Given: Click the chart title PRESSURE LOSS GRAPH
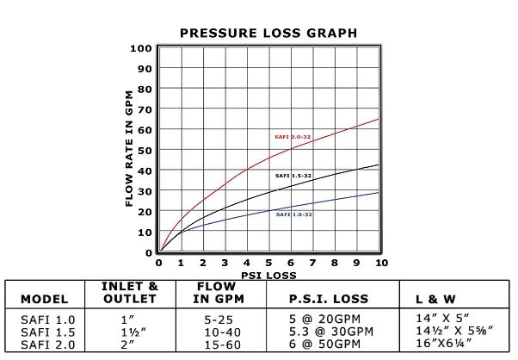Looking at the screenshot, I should click(x=268, y=33).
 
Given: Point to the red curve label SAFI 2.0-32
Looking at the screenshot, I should click(x=293, y=137).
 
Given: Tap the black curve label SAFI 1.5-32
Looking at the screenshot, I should click(x=293, y=176).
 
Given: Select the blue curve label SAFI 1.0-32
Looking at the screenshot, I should click(x=294, y=214).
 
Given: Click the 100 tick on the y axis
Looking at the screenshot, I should click(x=141, y=47).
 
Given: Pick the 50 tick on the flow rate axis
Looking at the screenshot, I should click(x=145, y=150).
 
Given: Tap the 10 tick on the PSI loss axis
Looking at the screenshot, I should click(x=381, y=263).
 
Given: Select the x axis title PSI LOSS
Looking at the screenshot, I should click(x=269, y=276).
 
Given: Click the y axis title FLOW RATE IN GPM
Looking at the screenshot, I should click(x=130, y=149).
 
